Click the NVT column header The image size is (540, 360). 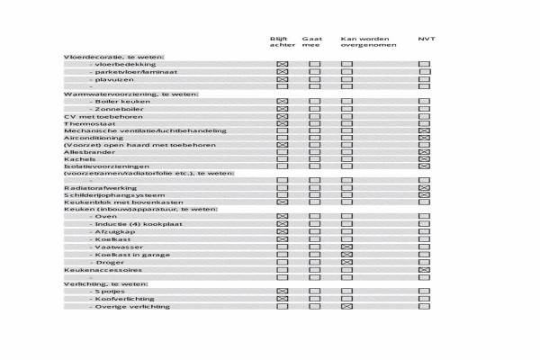tap(425, 39)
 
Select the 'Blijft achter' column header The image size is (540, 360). tap(282, 42)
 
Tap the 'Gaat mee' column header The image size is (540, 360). tap(312, 42)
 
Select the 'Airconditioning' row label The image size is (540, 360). tap(89, 138)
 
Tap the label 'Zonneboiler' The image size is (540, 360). tap(113, 109)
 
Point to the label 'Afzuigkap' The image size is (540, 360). tap(112, 232)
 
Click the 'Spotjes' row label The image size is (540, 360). tap(111, 292)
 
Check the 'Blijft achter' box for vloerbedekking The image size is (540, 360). tap(282, 65)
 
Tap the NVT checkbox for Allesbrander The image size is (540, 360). tap(424, 152)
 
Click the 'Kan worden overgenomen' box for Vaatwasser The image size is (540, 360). tap(346, 247)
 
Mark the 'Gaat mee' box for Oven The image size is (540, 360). tap(314, 217)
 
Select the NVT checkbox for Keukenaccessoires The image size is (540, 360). tap(424, 269)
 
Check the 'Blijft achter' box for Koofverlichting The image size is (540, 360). tap(282, 299)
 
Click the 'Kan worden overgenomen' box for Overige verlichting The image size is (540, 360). tap(346, 306)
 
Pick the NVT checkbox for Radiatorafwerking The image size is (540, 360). tap(424, 187)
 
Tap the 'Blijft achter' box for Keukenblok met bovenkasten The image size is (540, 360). tap(282, 202)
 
